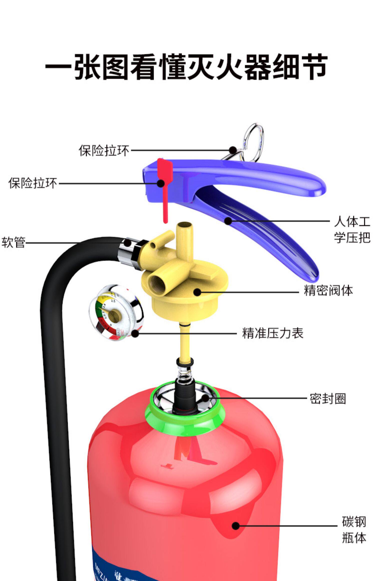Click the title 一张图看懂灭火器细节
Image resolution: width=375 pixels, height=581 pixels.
[186, 67]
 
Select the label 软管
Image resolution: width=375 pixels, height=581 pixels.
[13, 242]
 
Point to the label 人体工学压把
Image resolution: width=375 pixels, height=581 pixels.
[352, 229]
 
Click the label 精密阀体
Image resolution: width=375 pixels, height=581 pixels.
[328, 290]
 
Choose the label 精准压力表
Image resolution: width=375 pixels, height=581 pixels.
[272, 333]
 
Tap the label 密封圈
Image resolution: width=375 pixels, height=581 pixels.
[328, 398]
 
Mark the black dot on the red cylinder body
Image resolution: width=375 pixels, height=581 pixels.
[235, 525]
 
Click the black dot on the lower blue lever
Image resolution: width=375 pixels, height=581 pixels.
[228, 221]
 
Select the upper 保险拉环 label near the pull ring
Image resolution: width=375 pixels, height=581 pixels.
[104, 150]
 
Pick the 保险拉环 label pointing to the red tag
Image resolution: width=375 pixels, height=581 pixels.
[33, 183]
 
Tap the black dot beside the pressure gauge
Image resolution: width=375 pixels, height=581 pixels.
[135, 333]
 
